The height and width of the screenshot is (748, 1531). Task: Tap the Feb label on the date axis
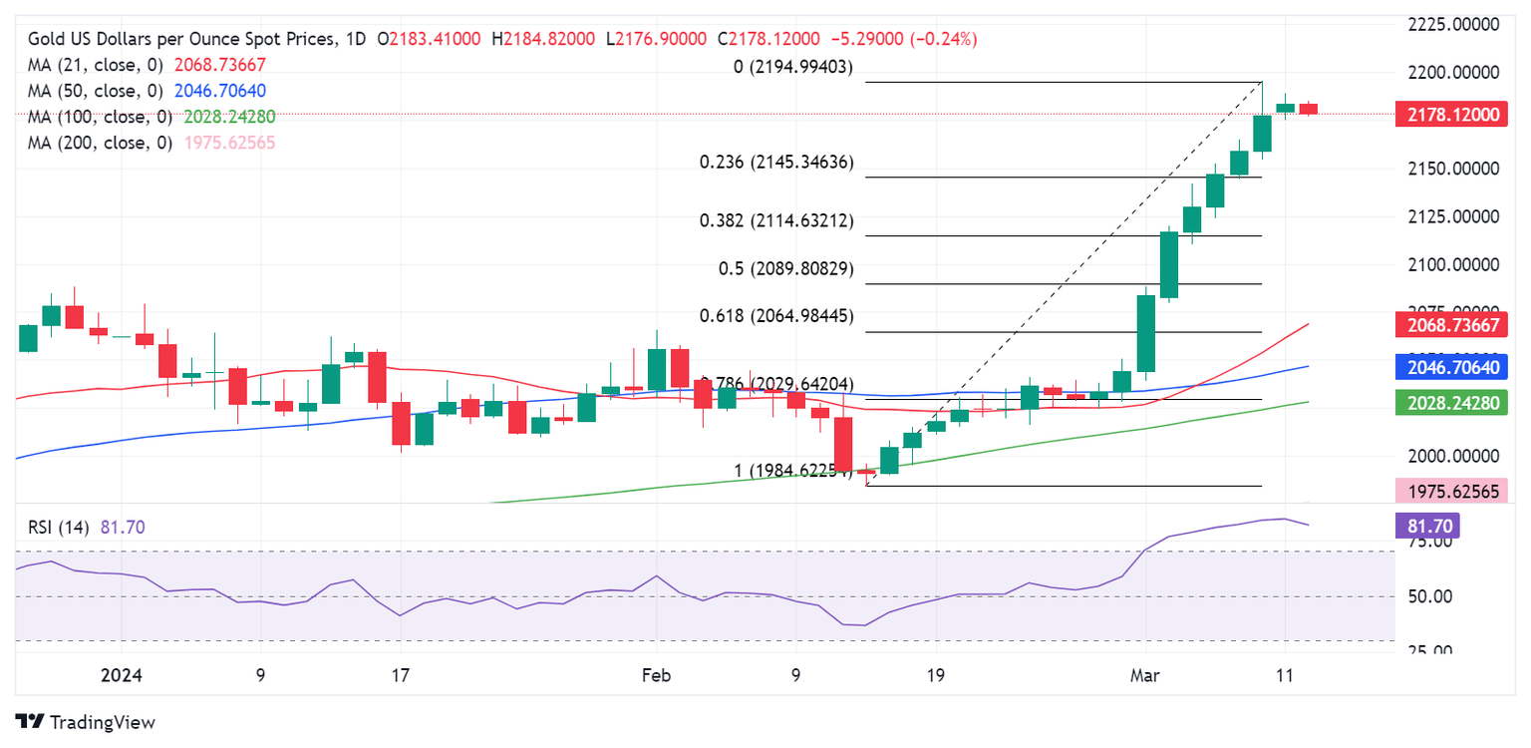656,675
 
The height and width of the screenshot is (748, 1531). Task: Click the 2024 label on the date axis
122,675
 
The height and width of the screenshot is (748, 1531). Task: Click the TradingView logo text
102,722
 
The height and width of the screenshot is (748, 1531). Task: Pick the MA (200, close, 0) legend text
100,143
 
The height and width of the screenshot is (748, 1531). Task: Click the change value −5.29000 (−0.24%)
902,39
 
